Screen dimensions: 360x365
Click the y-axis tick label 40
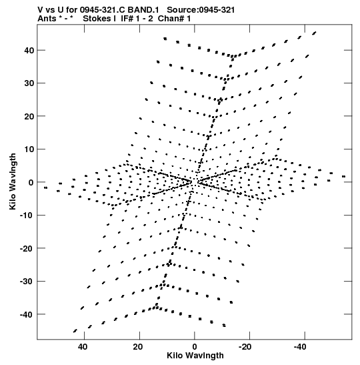tap(29, 50)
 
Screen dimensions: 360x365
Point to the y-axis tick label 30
tap(29, 83)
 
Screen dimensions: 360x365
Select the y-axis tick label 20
tap(29, 116)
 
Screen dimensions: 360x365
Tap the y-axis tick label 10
tap(29, 149)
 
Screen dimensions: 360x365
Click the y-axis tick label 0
tap(31, 183)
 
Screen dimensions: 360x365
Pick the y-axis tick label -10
tap(27, 216)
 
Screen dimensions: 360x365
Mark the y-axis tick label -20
tap(27, 248)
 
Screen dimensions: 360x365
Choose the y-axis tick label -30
tap(27, 282)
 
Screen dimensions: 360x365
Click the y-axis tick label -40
tap(27, 314)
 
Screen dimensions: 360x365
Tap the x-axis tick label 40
tap(83, 347)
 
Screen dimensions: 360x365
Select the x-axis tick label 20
tap(138, 347)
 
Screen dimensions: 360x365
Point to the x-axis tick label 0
tap(195, 347)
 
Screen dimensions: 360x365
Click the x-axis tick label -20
tap(245, 347)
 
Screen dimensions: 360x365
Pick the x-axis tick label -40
tap(300, 347)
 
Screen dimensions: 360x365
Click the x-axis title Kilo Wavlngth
tap(195, 356)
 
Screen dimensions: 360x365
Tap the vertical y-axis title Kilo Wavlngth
tap(13, 181)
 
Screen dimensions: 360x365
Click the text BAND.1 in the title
tap(143, 10)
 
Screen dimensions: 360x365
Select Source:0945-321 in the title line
tap(201, 10)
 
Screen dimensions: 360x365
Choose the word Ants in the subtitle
tap(47, 19)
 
